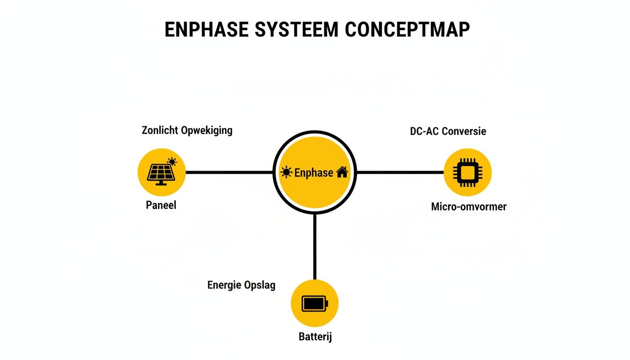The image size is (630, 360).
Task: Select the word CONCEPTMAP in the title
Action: [407, 30]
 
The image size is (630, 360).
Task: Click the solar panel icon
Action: [162, 172]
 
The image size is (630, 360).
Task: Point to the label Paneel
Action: [161, 205]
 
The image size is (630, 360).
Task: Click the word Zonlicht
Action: [160, 130]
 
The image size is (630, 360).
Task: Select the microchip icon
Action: [467, 172]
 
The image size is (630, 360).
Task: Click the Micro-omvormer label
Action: [468, 207]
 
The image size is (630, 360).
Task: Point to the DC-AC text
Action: [424, 131]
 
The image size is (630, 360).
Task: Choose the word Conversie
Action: [463, 131]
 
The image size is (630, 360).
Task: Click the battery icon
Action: [315, 303]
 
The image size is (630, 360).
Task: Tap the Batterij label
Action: [315, 337]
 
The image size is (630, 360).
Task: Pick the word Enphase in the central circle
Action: [314, 172]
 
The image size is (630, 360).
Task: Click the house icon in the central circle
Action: [342, 172]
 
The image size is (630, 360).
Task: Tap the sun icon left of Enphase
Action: [285, 172]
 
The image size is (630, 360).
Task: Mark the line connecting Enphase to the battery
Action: [315, 246]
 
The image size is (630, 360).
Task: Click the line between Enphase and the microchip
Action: [399, 172]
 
